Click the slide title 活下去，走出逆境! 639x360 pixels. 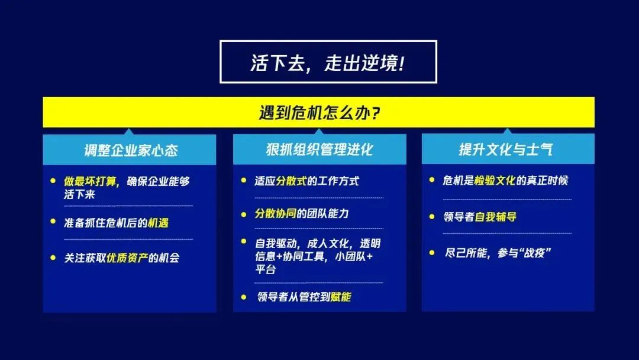click(x=328, y=62)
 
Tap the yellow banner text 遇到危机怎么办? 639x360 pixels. click(x=319, y=112)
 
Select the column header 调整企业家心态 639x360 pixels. click(x=130, y=150)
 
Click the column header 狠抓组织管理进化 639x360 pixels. click(x=319, y=150)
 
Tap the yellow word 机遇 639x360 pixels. click(x=159, y=223)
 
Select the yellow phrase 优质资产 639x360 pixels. click(x=127, y=258)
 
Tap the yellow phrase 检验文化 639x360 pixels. click(x=494, y=181)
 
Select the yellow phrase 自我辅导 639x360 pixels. click(x=496, y=217)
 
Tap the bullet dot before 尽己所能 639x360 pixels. click(x=433, y=253)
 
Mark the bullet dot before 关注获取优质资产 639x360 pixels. click(x=53, y=258)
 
